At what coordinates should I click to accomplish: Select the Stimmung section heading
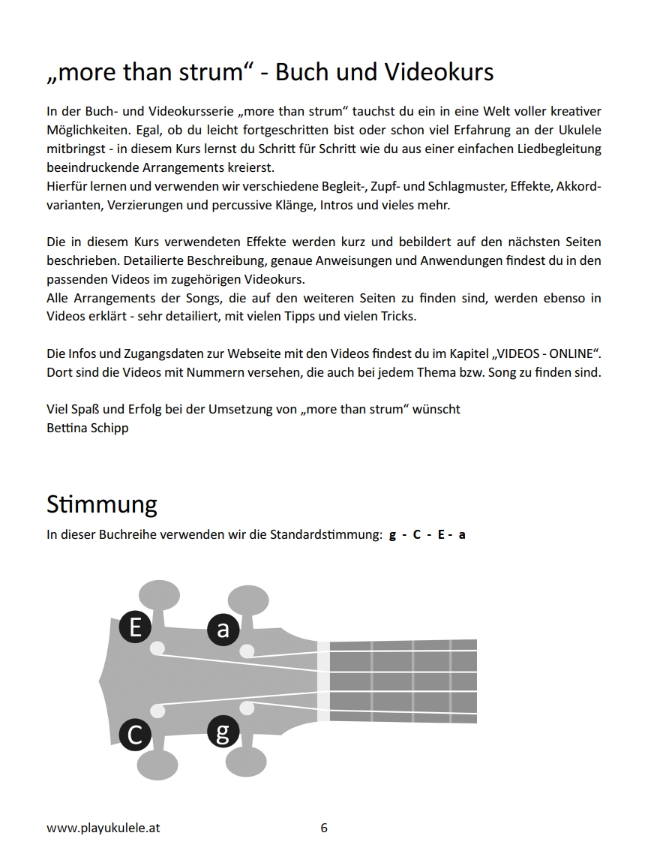(x=102, y=504)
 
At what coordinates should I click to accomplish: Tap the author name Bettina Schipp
(x=87, y=428)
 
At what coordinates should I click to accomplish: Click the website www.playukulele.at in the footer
(x=103, y=828)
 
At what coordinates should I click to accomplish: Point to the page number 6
(x=324, y=828)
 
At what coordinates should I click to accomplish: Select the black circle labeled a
(x=223, y=630)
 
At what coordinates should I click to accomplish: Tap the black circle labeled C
(x=135, y=734)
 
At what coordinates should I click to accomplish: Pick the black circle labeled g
(x=223, y=731)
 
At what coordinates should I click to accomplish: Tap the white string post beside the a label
(x=246, y=651)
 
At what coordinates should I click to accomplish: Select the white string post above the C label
(x=157, y=710)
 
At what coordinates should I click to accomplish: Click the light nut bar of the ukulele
(x=322, y=681)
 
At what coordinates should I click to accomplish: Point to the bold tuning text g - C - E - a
(x=427, y=535)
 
